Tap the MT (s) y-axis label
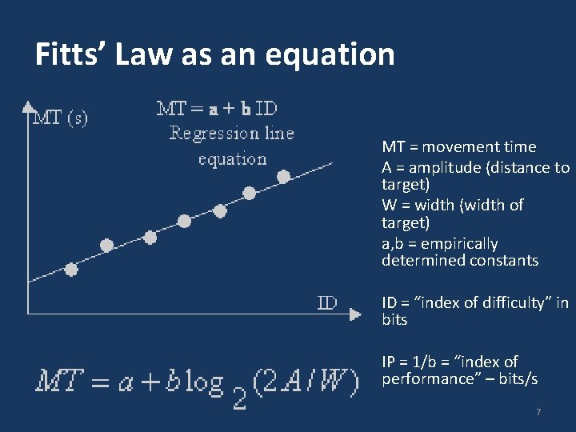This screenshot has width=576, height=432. click(x=59, y=118)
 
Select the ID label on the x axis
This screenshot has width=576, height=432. click(x=327, y=302)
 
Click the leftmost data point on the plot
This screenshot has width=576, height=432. click(x=71, y=270)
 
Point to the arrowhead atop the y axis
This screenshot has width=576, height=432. click(x=28, y=106)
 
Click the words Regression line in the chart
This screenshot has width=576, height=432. click(x=231, y=134)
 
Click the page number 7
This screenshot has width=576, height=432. click(x=538, y=412)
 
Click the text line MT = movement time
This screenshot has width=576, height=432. click(x=458, y=146)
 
